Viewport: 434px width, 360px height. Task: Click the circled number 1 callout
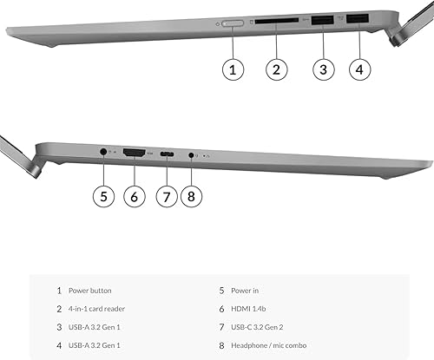tap(232, 69)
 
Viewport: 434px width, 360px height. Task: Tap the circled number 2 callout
tap(277, 69)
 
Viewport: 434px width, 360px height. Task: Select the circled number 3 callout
tap(323, 69)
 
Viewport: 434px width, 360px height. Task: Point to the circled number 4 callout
tap(362, 69)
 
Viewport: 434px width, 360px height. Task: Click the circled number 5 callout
tap(103, 196)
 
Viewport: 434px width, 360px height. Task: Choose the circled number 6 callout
tap(134, 196)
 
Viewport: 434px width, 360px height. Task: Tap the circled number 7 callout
tap(166, 196)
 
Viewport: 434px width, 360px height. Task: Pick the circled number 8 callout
tap(193, 196)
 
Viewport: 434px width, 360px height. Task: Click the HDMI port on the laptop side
tap(133, 153)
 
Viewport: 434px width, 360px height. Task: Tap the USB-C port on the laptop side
tap(166, 154)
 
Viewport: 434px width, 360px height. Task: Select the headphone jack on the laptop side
tap(192, 154)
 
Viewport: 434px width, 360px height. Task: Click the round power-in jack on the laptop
tap(104, 152)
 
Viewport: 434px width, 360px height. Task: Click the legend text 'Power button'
tap(91, 291)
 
